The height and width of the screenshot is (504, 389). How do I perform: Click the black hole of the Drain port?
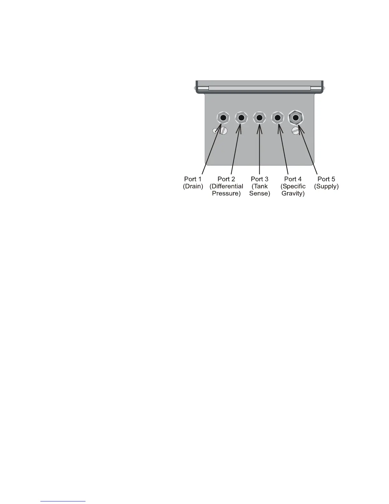coord(223,118)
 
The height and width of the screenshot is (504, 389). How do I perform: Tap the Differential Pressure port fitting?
coord(242,118)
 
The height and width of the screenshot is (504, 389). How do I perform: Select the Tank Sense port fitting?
coord(260,118)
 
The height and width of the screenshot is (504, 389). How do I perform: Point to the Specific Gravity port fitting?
coord(278,118)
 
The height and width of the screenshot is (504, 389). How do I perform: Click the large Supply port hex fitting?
coord(296,118)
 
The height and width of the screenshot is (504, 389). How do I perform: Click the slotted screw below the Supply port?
coord(296,130)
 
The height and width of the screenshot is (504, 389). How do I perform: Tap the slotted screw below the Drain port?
coord(223,131)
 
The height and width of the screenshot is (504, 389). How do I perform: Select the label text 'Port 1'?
coord(193,179)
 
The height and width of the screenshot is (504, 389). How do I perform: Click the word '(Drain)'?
coord(193,186)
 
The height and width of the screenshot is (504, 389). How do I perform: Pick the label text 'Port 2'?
coord(226,179)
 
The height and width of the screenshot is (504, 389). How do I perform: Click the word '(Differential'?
coord(226,186)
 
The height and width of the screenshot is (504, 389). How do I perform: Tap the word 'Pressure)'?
coord(226,193)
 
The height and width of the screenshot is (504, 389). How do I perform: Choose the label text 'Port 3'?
coord(260,179)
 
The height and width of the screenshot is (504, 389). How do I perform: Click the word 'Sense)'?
coord(260,193)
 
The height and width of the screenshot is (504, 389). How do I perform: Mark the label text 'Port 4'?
coord(293,179)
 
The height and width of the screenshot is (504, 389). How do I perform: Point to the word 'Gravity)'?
coord(293,193)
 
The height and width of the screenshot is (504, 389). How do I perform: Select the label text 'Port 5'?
coord(326,179)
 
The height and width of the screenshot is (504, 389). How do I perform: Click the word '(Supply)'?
coord(326,186)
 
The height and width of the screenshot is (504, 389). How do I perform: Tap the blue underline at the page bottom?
coord(63,501)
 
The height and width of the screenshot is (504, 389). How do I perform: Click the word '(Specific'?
coord(293,186)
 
